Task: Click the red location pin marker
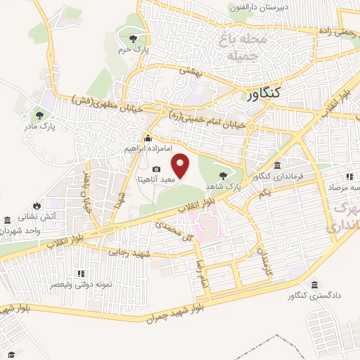(181, 165)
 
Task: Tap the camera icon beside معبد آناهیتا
(156, 169)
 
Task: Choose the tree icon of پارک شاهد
(224, 174)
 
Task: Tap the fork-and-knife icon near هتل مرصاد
(347, 177)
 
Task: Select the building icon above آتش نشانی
(8, 219)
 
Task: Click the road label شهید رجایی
(127, 251)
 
